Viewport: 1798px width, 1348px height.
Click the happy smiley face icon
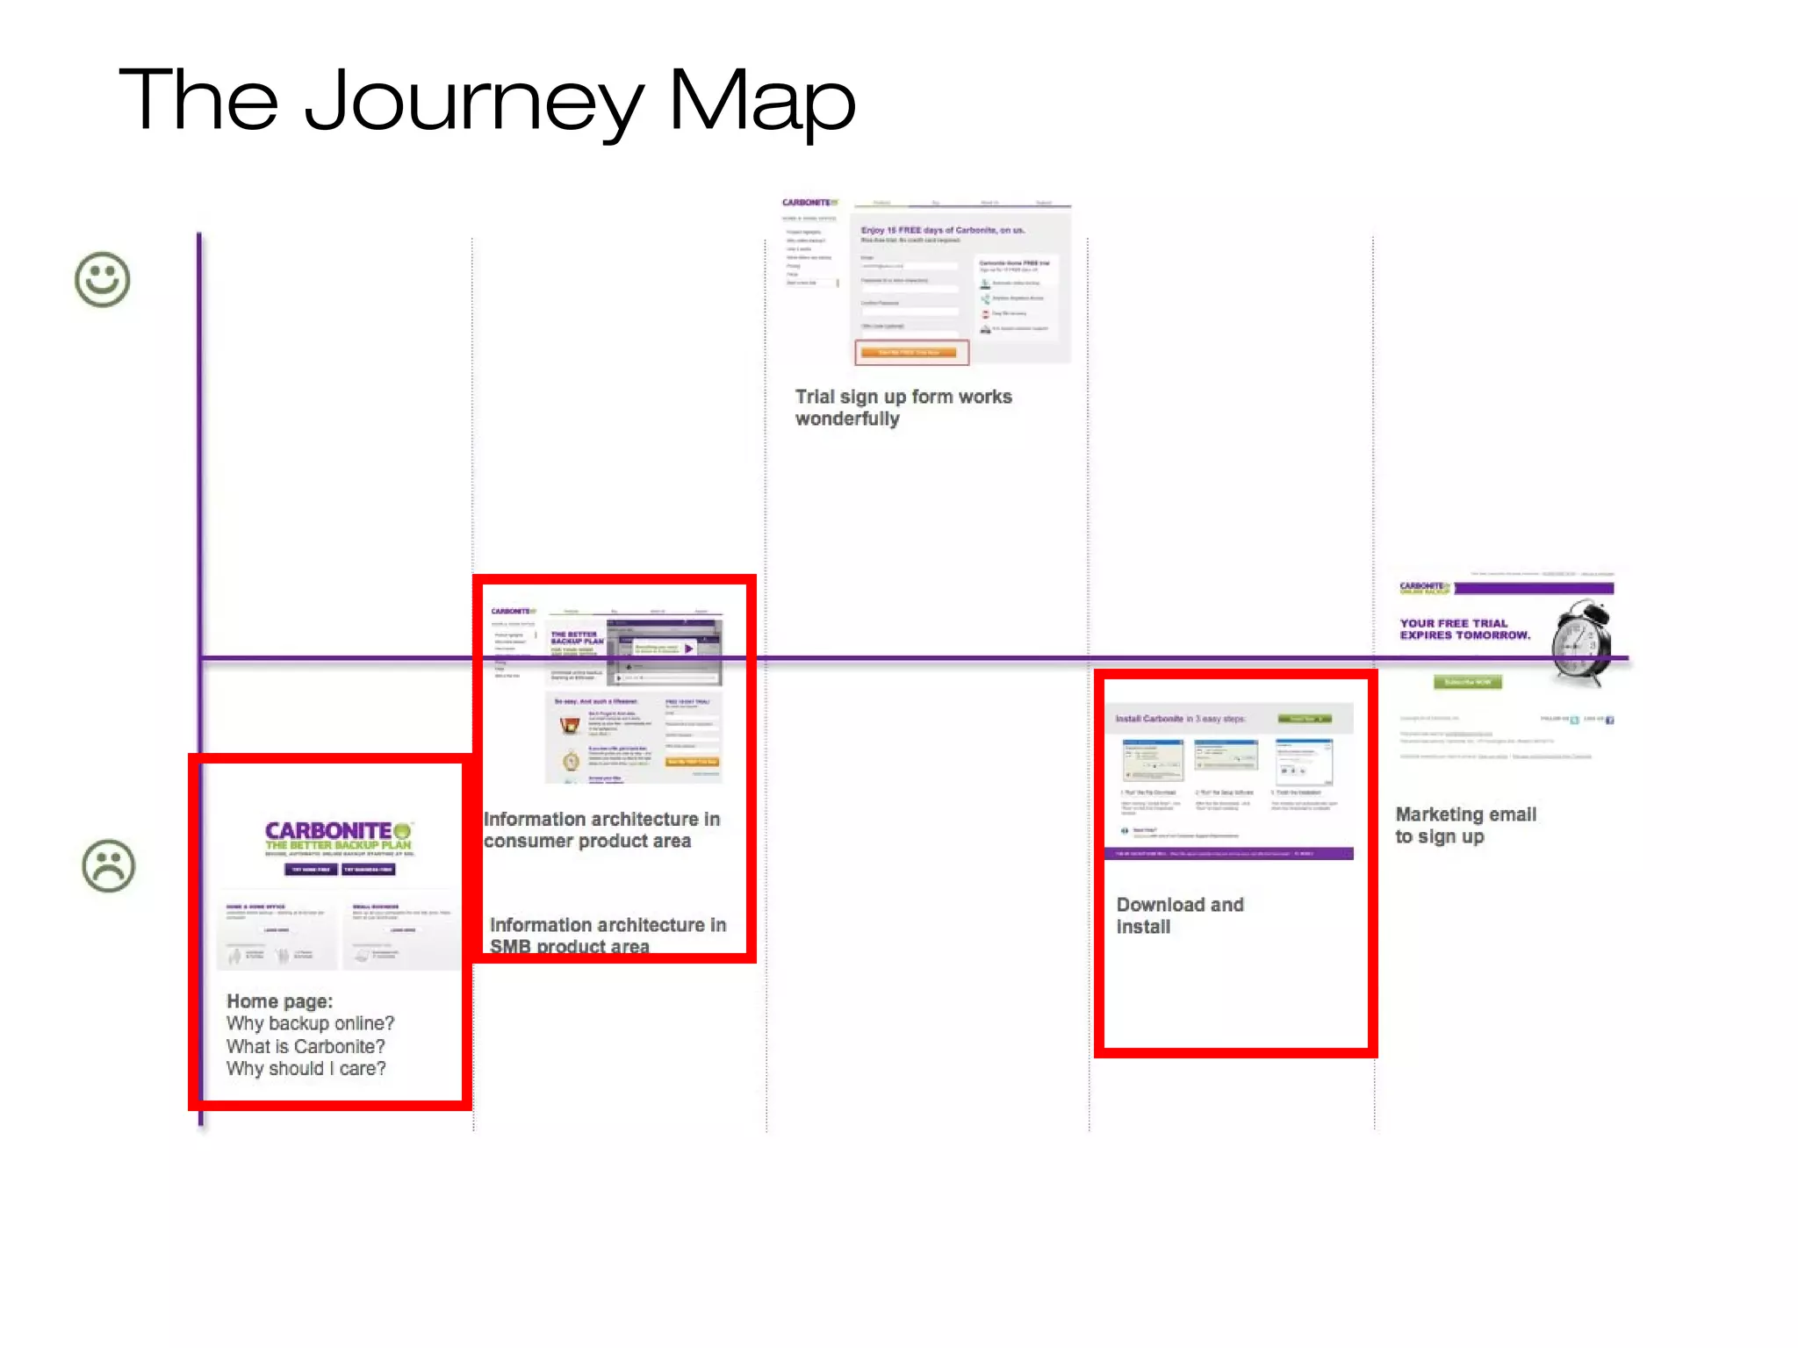(x=103, y=280)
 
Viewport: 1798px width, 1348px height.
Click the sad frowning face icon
(x=109, y=866)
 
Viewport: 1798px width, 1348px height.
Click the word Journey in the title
(x=474, y=101)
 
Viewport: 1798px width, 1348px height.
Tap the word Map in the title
(x=761, y=101)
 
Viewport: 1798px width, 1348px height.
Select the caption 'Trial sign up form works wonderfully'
(x=903, y=407)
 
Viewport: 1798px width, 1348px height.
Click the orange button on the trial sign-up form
(x=910, y=353)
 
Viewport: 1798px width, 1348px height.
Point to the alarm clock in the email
(x=1583, y=642)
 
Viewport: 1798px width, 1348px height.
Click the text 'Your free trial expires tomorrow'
(x=1464, y=629)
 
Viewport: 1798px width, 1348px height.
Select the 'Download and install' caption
(x=1179, y=915)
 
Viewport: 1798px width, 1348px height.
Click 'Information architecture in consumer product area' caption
(x=601, y=829)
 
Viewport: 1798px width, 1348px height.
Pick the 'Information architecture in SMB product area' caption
(x=608, y=936)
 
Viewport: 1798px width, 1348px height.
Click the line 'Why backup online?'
(x=310, y=1023)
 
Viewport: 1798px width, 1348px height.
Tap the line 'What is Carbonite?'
(x=306, y=1046)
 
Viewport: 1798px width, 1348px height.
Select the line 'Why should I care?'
(x=306, y=1069)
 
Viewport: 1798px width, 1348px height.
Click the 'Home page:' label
(x=279, y=1001)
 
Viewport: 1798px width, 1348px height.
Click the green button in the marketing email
(x=1467, y=682)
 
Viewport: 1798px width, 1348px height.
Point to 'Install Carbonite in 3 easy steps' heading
(x=1180, y=719)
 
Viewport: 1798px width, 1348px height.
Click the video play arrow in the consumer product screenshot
(x=689, y=649)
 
